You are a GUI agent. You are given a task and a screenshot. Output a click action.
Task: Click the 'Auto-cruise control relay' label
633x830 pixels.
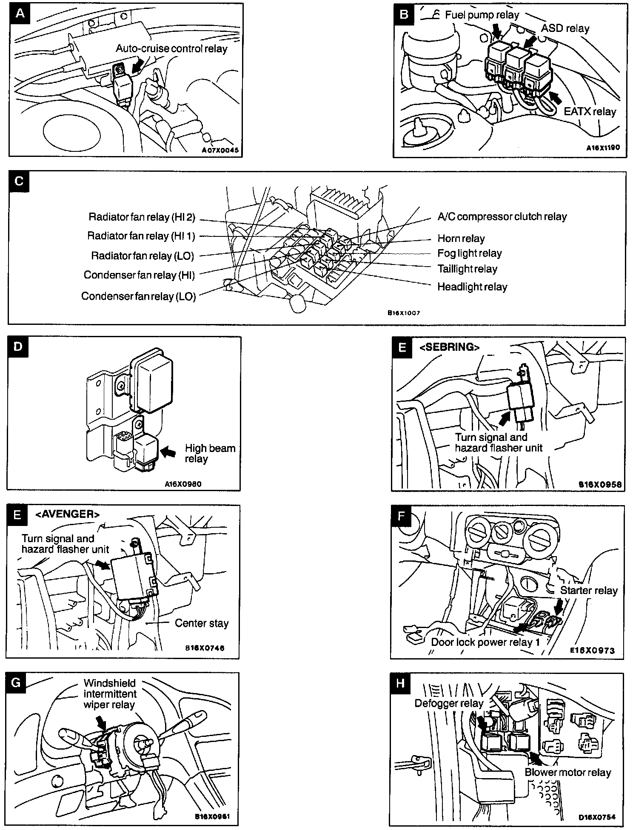click(x=171, y=48)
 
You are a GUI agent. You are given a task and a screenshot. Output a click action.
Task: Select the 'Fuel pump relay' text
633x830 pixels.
click(x=482, y=15)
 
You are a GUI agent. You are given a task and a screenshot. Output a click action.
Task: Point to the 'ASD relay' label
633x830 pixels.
click(x=565, y=28)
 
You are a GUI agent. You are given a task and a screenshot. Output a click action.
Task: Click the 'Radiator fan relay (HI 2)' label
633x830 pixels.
click(x=142, y=217)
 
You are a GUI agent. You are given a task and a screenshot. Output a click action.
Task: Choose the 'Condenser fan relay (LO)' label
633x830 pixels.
click(x=138, y=296)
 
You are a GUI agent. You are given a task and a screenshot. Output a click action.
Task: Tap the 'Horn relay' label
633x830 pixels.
click(x=461, y=239)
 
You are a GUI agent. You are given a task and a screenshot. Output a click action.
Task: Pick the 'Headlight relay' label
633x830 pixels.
click(x=472, y=287)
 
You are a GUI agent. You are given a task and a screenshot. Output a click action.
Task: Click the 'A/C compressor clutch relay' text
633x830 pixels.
click(x=502, y=216)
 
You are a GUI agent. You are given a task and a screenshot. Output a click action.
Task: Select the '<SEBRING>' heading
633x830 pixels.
click(x=449, y=347)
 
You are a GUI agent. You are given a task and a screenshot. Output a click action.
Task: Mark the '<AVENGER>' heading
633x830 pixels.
click(x=68, y=514)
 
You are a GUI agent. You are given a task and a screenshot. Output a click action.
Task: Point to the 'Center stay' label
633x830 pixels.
click(x=202, y=623)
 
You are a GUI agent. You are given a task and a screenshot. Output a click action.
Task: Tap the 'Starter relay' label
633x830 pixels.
click(x=588, y=590)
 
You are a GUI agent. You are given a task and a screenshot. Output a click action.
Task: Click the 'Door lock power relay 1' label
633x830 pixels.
click(x=485, y=642)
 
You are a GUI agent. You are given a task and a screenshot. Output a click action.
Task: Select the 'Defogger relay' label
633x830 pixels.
click(x=449, y=703)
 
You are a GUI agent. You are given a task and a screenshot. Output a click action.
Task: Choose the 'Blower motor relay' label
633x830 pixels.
click(x=567, y=772)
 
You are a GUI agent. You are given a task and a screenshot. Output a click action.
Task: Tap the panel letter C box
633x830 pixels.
click(x=19, y=182)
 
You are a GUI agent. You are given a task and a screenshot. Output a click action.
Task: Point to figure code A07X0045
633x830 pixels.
click(x=220, y=151)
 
